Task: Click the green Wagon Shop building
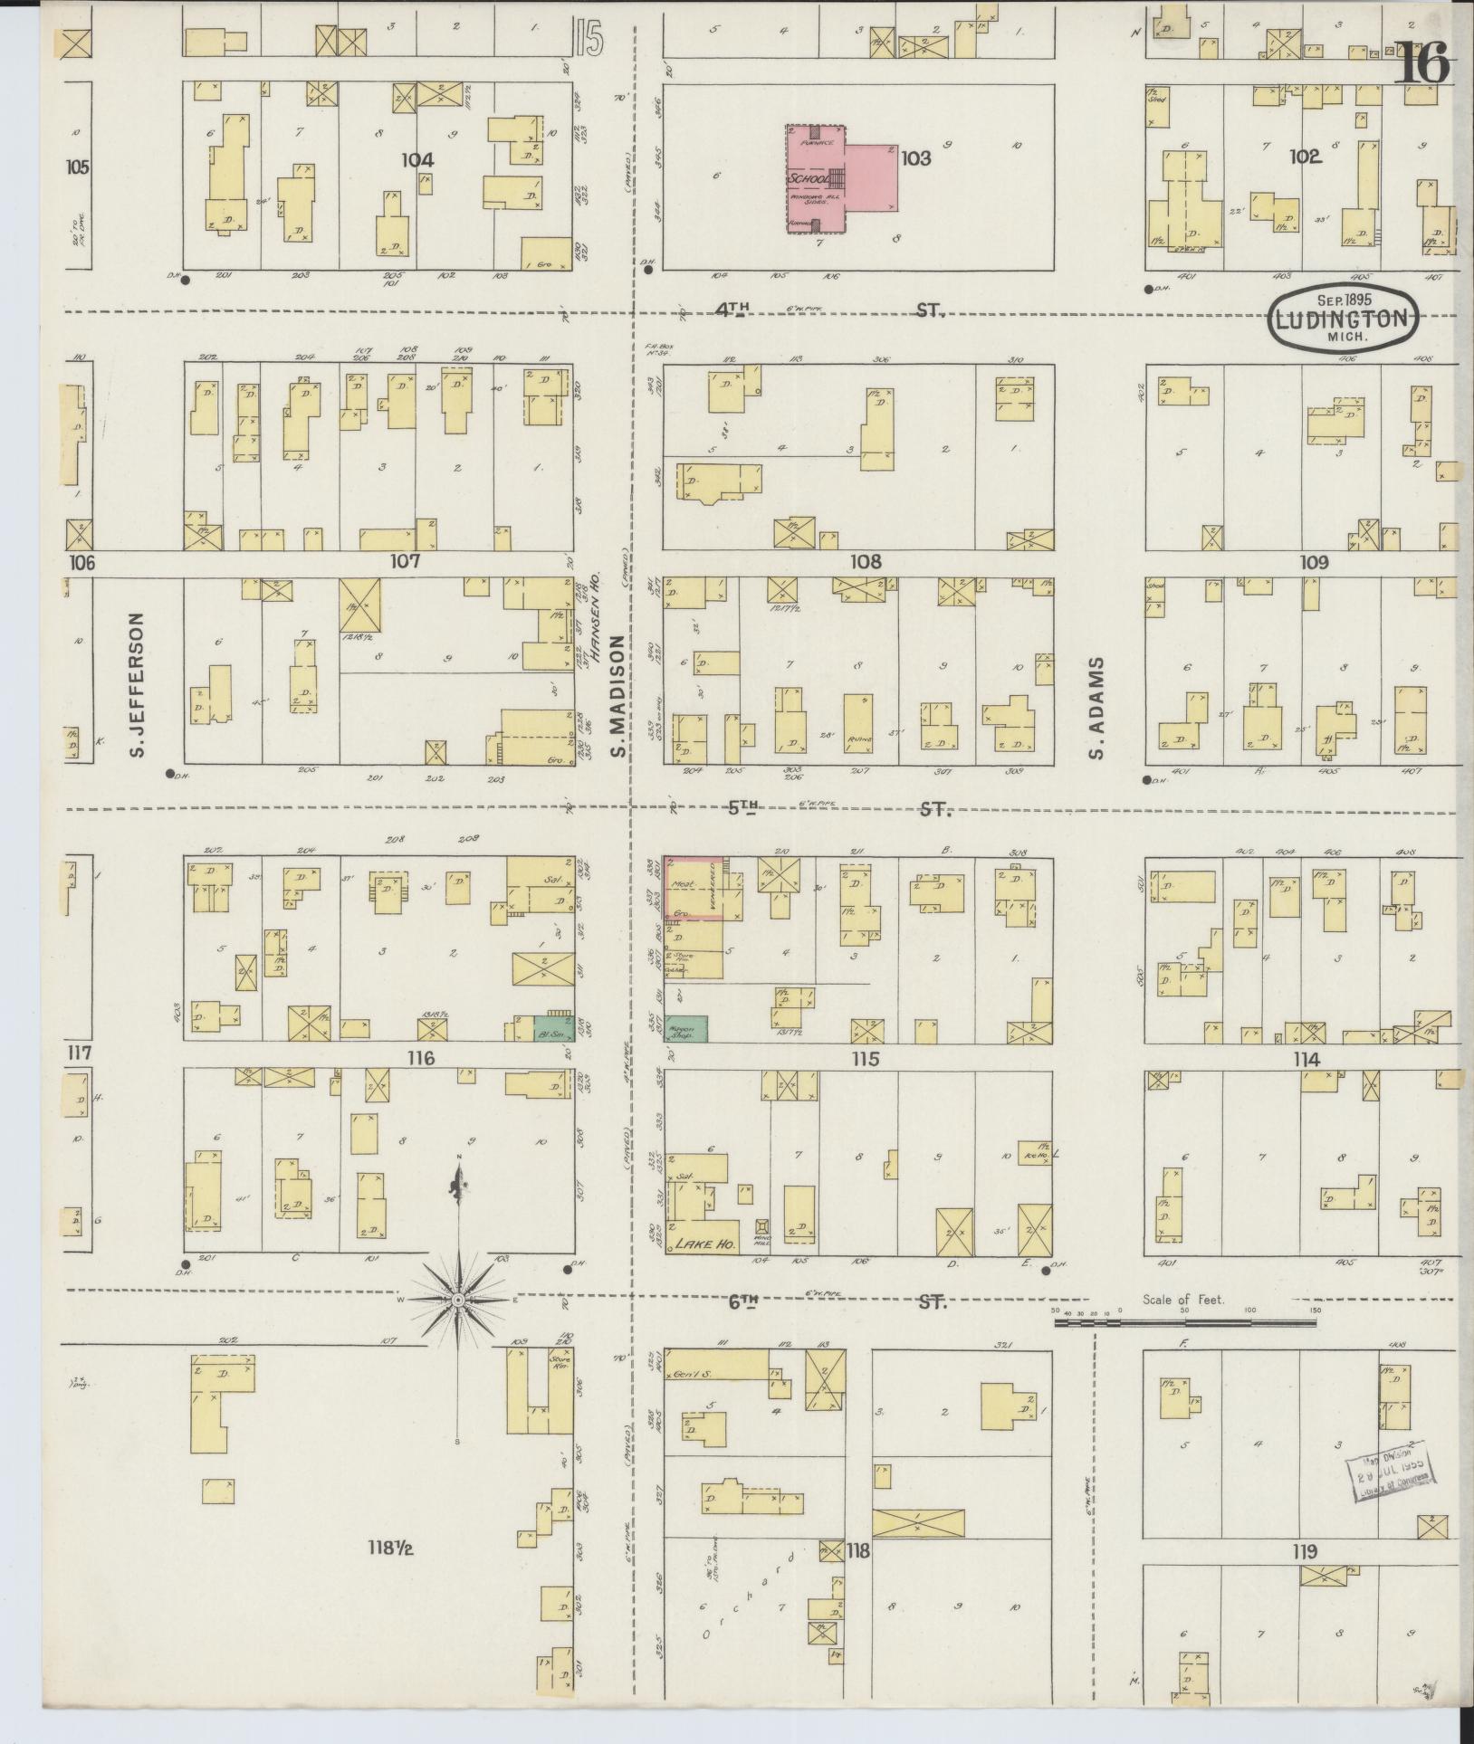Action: [687, 1028]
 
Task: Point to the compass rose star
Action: [459, 1301]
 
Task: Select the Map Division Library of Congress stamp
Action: [1390, 1471]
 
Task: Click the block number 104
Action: [417, 160]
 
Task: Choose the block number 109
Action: [1313, 562]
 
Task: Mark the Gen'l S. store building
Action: [721, 1374]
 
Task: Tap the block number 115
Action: [865, 1057]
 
